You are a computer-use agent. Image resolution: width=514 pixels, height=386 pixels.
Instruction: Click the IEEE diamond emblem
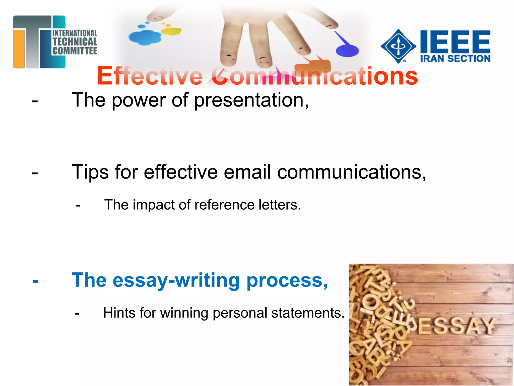coord(398,46)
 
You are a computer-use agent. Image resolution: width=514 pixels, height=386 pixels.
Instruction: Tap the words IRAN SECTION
coord(455,59)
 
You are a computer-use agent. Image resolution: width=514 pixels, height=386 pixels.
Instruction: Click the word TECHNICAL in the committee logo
coord(75,42)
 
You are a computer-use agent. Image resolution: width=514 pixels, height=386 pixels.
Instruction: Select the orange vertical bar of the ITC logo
coord(19,49)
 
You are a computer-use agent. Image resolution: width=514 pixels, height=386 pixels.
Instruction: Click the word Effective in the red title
coord(150,76)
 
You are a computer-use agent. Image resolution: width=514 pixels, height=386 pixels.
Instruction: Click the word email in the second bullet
coord(247,172)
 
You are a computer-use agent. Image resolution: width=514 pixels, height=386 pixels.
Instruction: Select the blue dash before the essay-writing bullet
coord(35,281)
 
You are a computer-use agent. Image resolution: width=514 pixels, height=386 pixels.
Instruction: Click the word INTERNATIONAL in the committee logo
coord(75,33)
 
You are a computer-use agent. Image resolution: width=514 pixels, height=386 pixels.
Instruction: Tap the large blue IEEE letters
coord(455,41)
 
